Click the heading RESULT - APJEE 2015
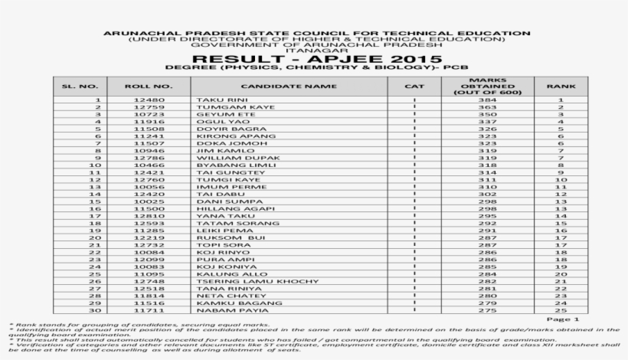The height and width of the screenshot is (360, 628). coord(316,60)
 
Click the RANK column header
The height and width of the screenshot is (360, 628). coord(561,87)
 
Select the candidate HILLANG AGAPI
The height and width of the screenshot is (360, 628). coord(224,208)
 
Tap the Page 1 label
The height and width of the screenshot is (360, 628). coord(563,319)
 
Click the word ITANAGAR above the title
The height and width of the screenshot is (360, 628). coord(316,51)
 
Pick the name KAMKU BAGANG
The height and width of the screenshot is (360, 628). coord(224,303)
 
